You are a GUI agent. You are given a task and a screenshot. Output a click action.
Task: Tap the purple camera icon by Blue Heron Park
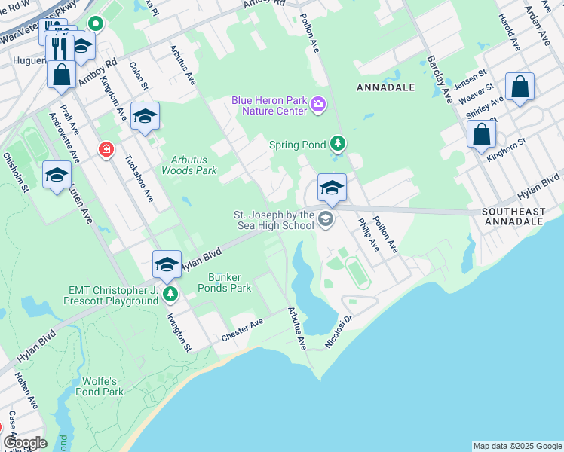coord(318,104)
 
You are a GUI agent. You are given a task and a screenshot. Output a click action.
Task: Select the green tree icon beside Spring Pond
coord(339,143)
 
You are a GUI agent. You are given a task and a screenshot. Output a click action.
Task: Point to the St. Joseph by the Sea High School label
coord(273,220)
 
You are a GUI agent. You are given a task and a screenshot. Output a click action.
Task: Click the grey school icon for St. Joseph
coord(326,220)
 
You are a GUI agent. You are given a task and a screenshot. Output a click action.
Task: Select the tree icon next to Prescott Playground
coord(171,294)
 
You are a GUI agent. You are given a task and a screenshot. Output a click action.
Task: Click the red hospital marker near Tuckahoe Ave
coord(106,150)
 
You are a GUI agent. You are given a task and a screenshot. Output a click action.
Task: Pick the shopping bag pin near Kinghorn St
coord(482,136)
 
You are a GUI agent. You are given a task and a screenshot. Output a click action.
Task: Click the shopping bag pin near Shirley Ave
coord(520,87)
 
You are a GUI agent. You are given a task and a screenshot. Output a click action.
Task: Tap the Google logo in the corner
coord(25,444)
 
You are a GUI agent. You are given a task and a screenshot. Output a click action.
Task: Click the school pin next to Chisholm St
coord(57,176)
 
